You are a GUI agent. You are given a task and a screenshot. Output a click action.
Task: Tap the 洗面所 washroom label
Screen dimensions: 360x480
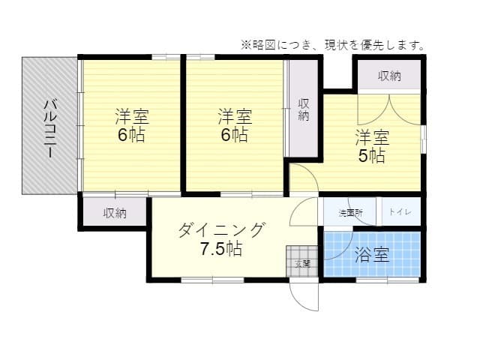[350, 213]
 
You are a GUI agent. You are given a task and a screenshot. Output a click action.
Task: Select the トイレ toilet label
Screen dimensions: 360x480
[400, 213]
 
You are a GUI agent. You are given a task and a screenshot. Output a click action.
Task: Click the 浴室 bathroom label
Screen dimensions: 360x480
[372, 255]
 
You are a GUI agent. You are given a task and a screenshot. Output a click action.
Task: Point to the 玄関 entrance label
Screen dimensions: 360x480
[302, 263]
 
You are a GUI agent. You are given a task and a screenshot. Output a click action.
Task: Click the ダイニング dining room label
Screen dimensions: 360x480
[222, 229]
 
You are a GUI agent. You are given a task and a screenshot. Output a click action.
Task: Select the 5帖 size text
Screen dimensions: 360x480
[372, 156]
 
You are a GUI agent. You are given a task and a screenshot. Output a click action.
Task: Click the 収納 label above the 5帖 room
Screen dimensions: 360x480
[388, 76]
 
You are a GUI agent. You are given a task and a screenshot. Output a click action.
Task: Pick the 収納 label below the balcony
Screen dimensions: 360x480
[115, 213]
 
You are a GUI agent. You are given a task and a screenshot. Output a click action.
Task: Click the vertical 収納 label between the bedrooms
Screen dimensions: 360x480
[304, 109]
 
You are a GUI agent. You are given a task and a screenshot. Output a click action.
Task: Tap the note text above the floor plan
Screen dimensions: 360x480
[332, 45]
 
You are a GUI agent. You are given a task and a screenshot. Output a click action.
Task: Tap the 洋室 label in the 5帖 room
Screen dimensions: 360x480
[372, 138]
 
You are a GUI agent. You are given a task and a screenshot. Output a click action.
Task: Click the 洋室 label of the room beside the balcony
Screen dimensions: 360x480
[131, 117]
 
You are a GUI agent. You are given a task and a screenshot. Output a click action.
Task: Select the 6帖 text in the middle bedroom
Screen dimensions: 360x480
[235, 136]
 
